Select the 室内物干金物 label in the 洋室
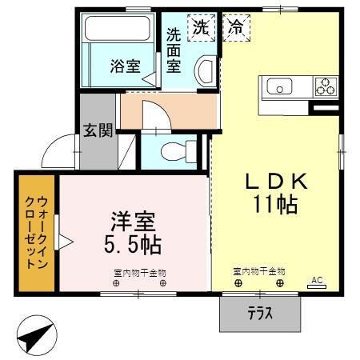coord(139,271)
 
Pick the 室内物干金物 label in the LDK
coord(259,271)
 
